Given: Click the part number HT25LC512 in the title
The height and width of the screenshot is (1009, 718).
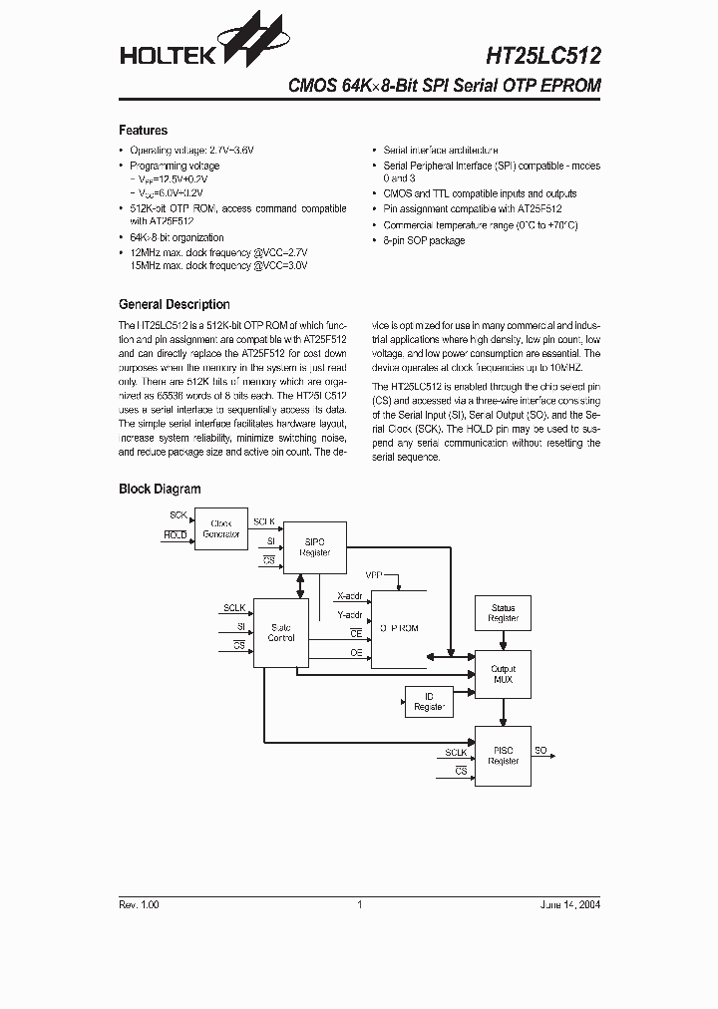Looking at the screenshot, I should pyautogui.click(x=543, y=57).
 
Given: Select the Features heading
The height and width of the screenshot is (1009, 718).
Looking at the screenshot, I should pyautogui.click(x=143, y=131).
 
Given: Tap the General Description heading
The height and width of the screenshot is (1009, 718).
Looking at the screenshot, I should pyautogui.click(x=174, y=305).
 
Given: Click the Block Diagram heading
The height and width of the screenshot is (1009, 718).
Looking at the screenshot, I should pyautogui.click(x=160, y=490).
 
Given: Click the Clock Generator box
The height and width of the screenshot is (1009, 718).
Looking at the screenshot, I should pyautogui.click(x=220, y=529).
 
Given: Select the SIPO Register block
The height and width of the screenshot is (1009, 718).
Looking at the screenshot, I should pyautogui.click(x=315, y=546).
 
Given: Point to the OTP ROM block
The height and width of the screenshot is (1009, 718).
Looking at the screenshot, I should pyautogui.click(x=398, y=628).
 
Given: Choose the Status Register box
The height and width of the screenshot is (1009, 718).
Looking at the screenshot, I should pyautogui.click(x=503, y=613).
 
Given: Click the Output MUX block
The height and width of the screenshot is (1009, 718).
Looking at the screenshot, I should pyautogui.click(x=503, y=675).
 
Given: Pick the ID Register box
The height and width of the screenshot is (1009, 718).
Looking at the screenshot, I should pyautogui.click(x=429, y=702).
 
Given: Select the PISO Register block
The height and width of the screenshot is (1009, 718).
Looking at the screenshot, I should pyautogui.click(x=503, y=755).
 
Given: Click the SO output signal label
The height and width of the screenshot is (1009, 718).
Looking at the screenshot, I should pyautogui.click(x=540, y=749).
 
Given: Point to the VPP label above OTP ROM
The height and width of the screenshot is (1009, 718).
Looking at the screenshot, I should pyautogui.click(x=374, y=576).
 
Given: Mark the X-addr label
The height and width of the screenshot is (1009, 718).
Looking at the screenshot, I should pyautogui.click(x=350, y=596).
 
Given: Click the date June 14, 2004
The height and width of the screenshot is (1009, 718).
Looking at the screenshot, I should pyautogui.click(x=570, y=904).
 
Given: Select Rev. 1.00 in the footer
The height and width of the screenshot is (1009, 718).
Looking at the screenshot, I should pyautogui.click(x=139, y=904).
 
